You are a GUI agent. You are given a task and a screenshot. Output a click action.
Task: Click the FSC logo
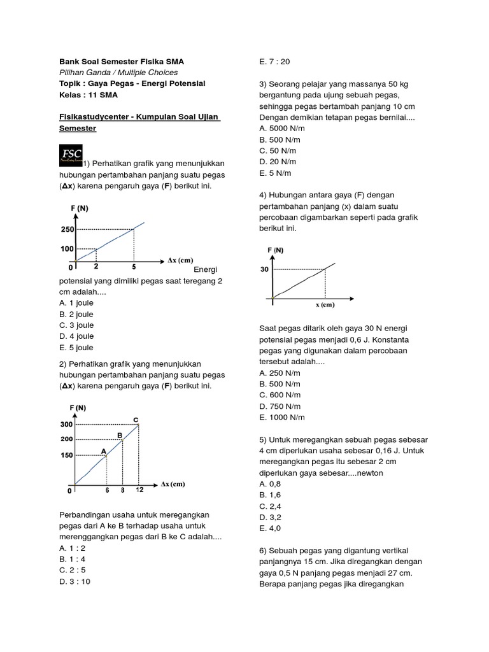[x=71, y=155]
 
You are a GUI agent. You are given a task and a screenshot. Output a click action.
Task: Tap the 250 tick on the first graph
[x=67, y=229]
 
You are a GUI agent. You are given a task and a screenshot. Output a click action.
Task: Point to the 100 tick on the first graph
[x=67, y=249]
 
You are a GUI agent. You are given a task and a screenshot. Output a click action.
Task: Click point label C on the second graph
[x=135, y=418]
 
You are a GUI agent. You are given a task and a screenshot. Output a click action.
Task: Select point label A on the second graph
[x=104, y=450]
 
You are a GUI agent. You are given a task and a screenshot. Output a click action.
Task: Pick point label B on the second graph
[x=119, y=435]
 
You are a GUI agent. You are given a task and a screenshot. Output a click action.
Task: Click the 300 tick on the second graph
[x=66, y=424]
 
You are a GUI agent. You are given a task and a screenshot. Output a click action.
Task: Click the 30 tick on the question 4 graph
[x=264, y=269]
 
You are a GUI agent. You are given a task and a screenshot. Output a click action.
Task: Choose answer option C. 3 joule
[x=76, y=325]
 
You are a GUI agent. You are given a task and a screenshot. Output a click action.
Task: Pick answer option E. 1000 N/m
[x=282, y=417]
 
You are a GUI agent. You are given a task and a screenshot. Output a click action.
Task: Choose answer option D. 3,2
[x=270, y=517]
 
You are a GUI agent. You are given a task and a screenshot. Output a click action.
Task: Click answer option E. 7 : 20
[x=274, y=62]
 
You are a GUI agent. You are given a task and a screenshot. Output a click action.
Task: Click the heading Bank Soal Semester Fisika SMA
[x=121, y=62]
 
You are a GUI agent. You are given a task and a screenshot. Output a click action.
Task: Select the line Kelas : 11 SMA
[x=89, y=95]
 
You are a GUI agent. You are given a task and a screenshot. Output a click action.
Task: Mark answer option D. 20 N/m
[x=277, y=162]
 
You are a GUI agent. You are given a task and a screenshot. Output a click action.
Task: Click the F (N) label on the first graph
[x=80, y=209]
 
